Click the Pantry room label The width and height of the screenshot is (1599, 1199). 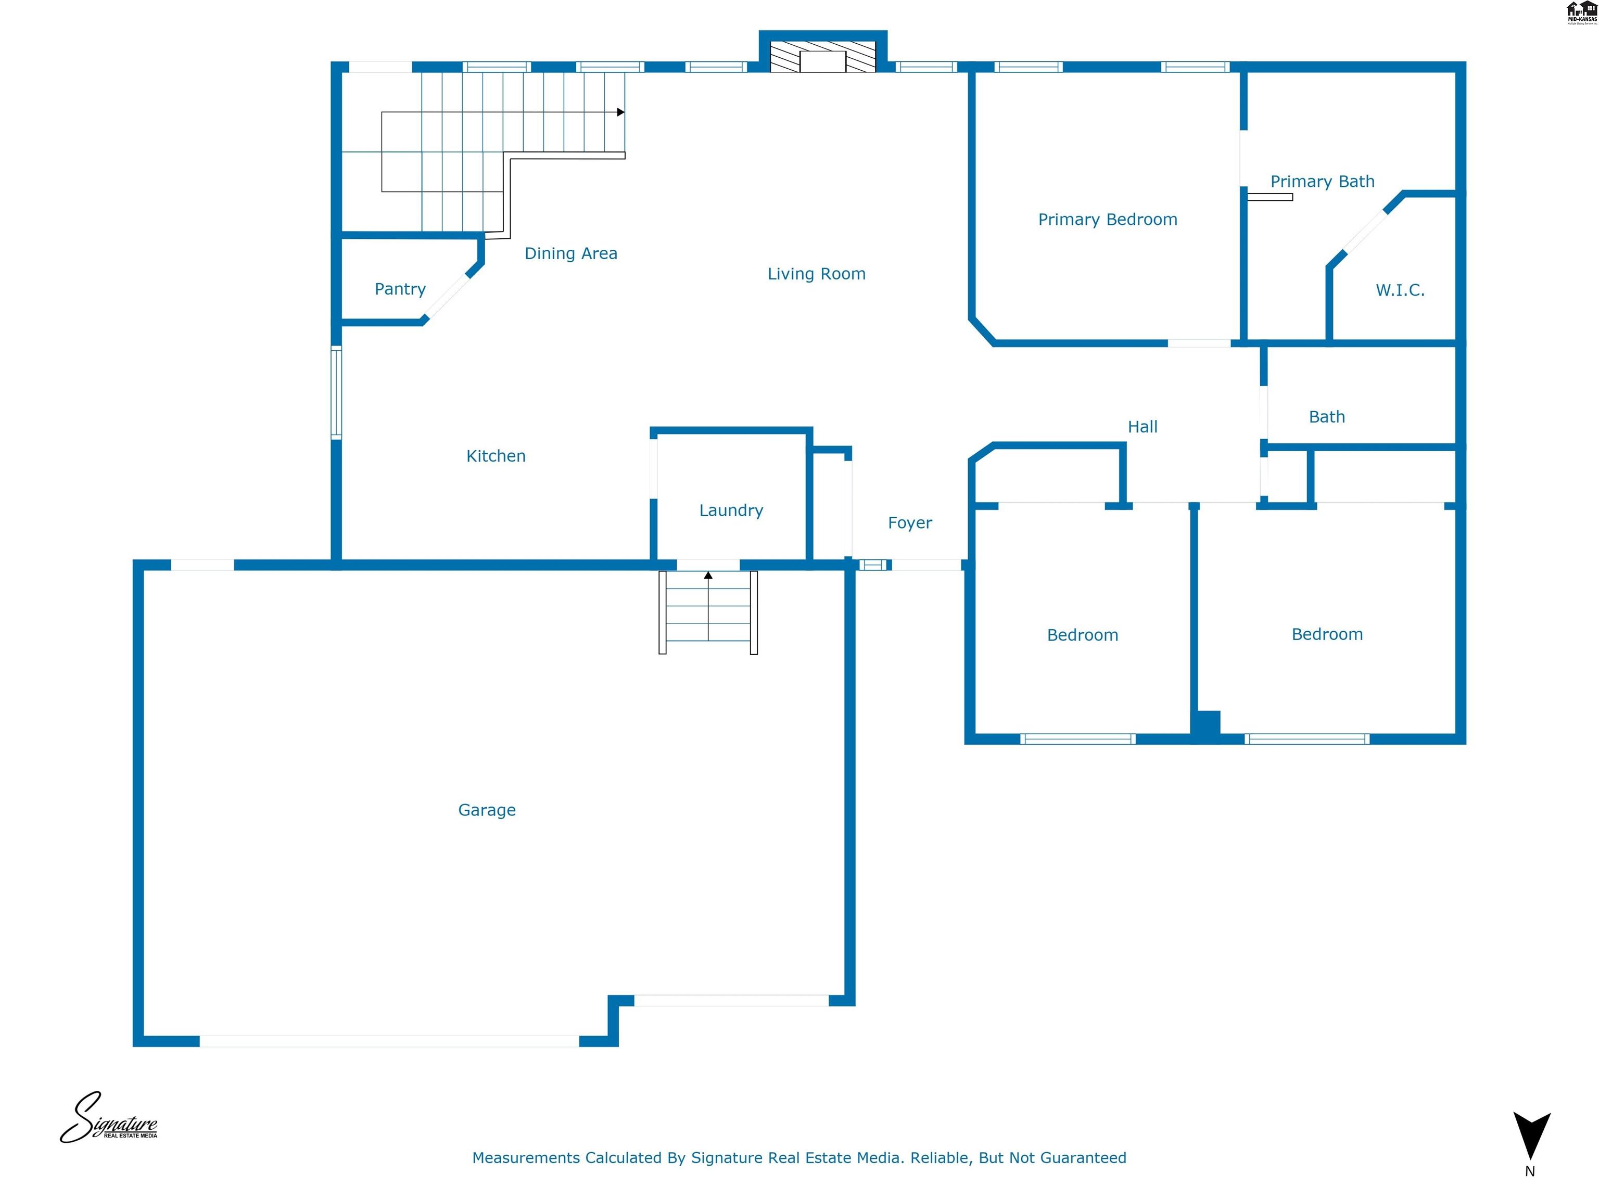coord(400,289)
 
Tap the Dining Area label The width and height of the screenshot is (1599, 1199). coord(570,253)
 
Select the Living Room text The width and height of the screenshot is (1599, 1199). coord(816,274)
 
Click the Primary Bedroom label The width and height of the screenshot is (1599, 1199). coord(1108,220)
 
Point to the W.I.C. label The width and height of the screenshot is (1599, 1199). coord(1400,290)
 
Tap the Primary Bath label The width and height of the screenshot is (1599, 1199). coord(1322,182)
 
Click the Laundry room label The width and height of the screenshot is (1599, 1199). coord(731,510)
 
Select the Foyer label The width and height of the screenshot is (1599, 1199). coord(909,522)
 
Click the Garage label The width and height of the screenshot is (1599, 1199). coord(487,810)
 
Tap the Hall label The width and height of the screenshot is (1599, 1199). coord(1142,427)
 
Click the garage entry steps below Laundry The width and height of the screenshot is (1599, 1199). coord(708,613)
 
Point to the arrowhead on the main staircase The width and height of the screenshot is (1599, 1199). coord(620,112)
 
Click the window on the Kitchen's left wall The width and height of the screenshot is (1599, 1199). coord(336,392)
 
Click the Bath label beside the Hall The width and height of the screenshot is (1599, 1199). coord(1326,417)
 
